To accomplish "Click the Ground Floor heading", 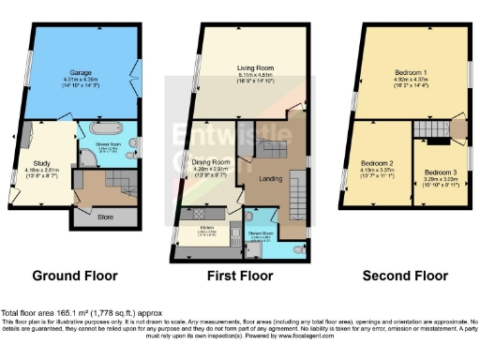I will click(75, 277).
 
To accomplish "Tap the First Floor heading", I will click(242, 277).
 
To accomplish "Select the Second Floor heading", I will click(408, 277).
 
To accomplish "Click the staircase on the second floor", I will click(433, 129).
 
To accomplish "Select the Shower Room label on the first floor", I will click(260, 232).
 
